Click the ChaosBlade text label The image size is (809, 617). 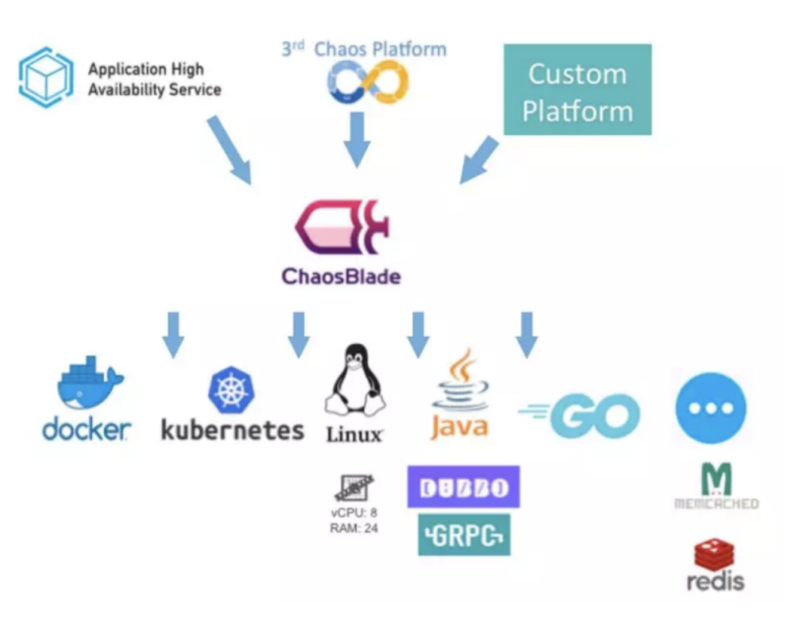[341, 276]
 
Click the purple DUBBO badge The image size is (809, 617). [463, 487]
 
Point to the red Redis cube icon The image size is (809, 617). [714, 554]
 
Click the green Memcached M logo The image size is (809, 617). [716, 480]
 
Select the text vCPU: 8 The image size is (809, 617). [354, 514]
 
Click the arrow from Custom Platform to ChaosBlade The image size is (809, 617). [479, 160]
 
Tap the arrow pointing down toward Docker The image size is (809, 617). [173, 334]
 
